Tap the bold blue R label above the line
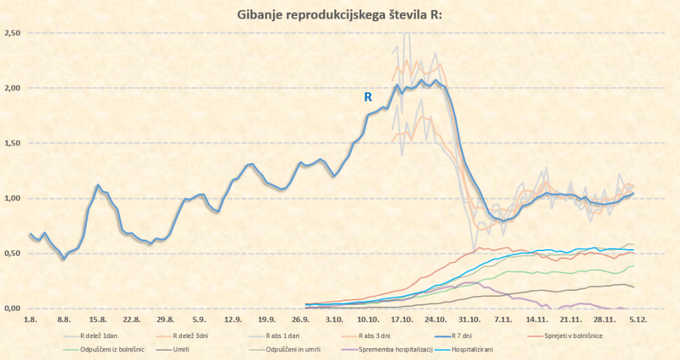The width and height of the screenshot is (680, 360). (367, 97)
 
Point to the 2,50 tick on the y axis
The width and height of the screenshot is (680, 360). (13, 33)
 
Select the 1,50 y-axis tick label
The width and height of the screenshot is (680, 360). (13, 143)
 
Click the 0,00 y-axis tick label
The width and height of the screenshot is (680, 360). (13, 308)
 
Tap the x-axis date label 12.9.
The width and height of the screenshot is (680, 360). (232, 319)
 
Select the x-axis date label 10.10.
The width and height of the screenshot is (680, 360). (368, 319)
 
